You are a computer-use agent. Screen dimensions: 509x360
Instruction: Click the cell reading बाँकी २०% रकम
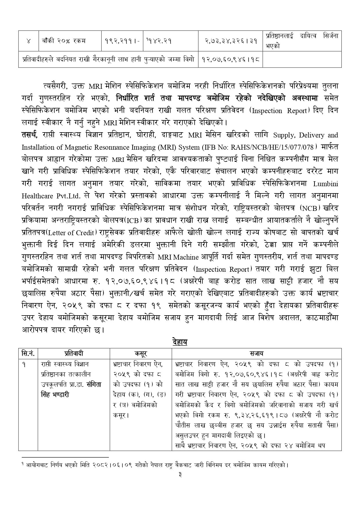tap(63, 41)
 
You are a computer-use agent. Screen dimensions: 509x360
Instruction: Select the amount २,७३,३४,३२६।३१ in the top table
tap(229, 41)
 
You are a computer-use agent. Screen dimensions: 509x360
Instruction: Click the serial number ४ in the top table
tap(28, 41)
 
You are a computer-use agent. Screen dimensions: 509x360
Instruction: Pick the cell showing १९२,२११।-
tap(122, 41)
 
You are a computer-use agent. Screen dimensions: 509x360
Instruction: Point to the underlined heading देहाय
tap(180, 342)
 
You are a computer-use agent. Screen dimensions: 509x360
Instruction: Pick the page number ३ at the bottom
tap(180, 483)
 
